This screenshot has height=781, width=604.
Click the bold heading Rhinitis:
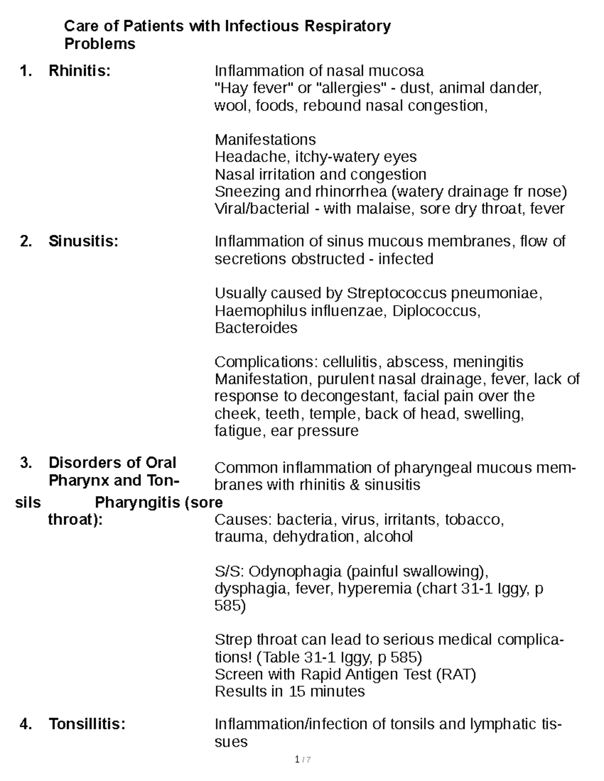tap(79, 71)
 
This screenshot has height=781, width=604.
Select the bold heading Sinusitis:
tap(83, 241)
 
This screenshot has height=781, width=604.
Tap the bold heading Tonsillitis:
tap(87, 724)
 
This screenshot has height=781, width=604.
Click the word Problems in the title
tap(100, 44)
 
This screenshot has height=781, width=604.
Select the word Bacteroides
tap(256, 328)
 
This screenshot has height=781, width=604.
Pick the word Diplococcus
tap(436, 311)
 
